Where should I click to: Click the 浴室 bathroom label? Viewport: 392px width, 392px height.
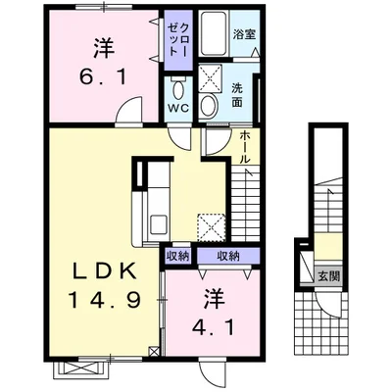click(x=244, y=34)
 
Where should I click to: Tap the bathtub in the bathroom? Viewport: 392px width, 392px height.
click(x=214, y=33)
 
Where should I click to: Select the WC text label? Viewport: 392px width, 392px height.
click(x=178, y=108)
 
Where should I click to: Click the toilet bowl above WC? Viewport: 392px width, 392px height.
click(x=178, y=89)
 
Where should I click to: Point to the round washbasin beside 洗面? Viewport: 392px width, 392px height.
click(x=209, y=105)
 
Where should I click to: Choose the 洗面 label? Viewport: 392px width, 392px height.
click(x=237, y=95)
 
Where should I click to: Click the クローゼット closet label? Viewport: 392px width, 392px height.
click(x=178, y=40)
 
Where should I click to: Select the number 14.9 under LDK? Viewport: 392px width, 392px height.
click(x=105, y=300)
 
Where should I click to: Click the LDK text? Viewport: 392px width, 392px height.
click(x=105, y=270)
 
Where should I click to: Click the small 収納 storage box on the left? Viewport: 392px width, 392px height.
click(x=178, y=257)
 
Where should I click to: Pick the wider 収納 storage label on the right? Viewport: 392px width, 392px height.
click(x=228, y=256)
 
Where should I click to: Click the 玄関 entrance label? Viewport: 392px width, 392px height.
click(x=328, y=276)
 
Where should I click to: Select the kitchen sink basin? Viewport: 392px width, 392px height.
click(x=159, y=224)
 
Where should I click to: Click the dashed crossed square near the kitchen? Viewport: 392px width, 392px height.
click(x=212, y=227)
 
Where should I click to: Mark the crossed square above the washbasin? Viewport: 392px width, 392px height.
click(x=211, y=77)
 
